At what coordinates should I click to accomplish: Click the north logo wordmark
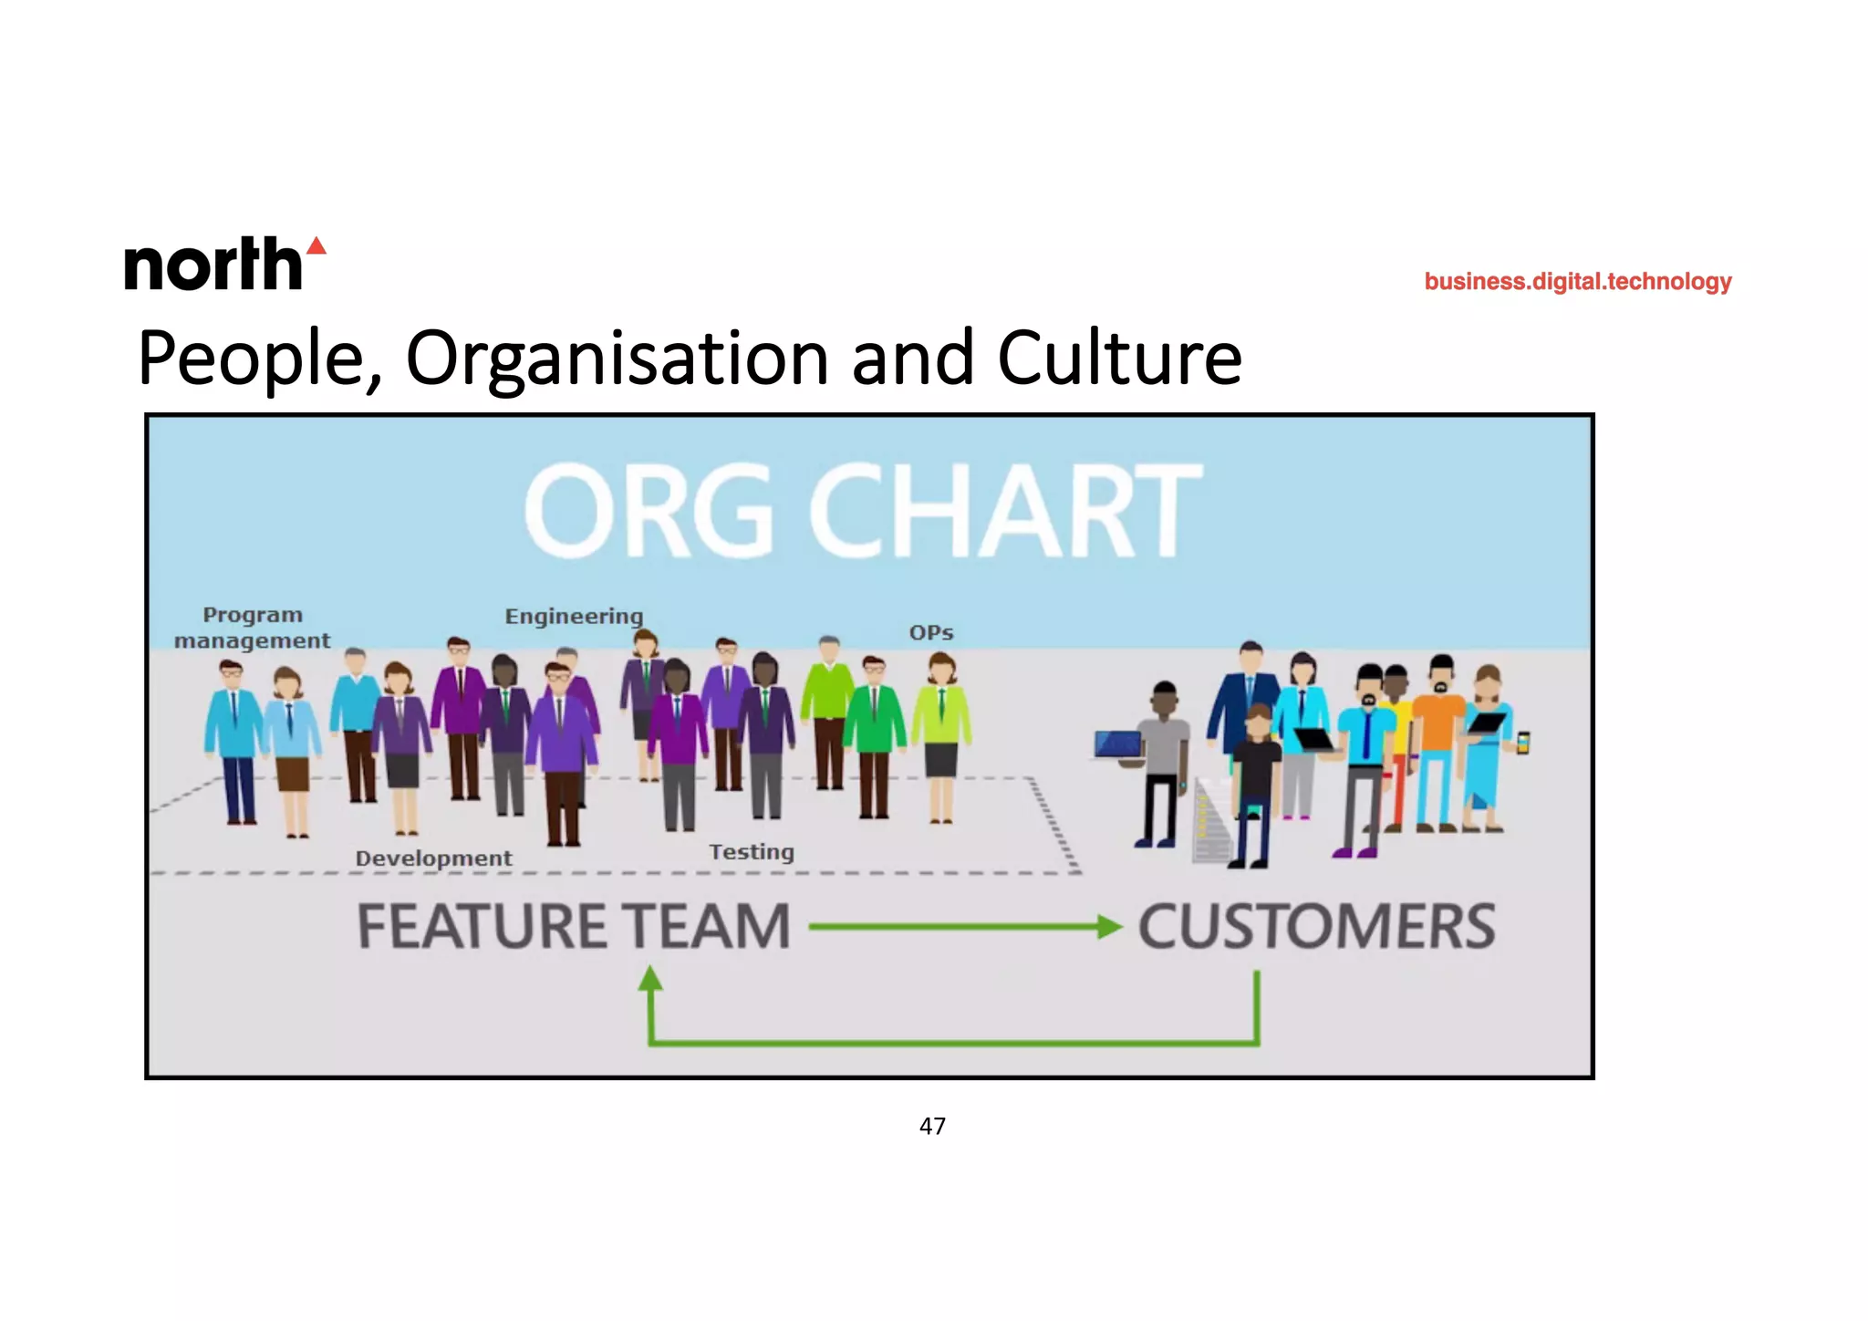(213, 265)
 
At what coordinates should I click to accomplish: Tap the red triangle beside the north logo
(317, 245)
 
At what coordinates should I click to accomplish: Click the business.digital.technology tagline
(1577, 282)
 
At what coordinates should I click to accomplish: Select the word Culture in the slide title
(1119, 359)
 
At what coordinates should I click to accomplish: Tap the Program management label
(253, 628)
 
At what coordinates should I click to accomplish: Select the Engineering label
(574, 617)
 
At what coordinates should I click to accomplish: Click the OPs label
(930, 633)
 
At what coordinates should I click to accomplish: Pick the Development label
(433, 858)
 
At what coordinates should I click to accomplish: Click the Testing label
(752, 852)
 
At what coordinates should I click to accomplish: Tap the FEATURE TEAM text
(573, 927)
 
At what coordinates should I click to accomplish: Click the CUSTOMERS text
(1316, 927)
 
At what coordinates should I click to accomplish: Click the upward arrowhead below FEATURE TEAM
(650, 979)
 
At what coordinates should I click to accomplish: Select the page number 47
(932, 1127)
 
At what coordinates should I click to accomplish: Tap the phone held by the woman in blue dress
(1522, 743)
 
